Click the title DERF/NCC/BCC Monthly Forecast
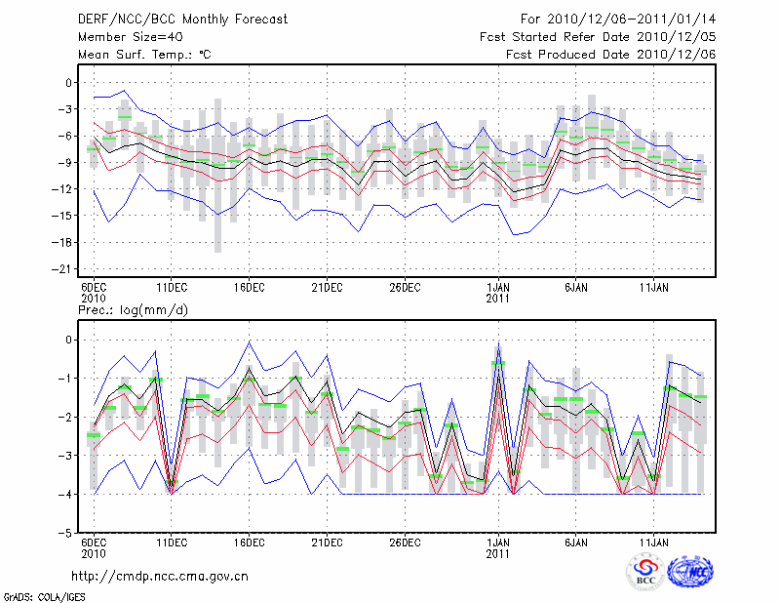pyautogui.click(x=170, y=20)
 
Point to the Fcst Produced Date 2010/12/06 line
pyautogui.click(x=611, y=55)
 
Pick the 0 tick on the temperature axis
pyautogui.click(x=70, y=83)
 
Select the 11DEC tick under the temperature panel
pyautogui.click(x=171, y=287)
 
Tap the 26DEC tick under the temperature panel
pyautogui.click(x=405, y=287)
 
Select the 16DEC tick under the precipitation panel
pyautogui.click(x=249, y=541)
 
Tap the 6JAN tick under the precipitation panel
pyautogui.click(x=576, y=541)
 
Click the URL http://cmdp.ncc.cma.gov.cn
pyautogui.click(x=161, y=576)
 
